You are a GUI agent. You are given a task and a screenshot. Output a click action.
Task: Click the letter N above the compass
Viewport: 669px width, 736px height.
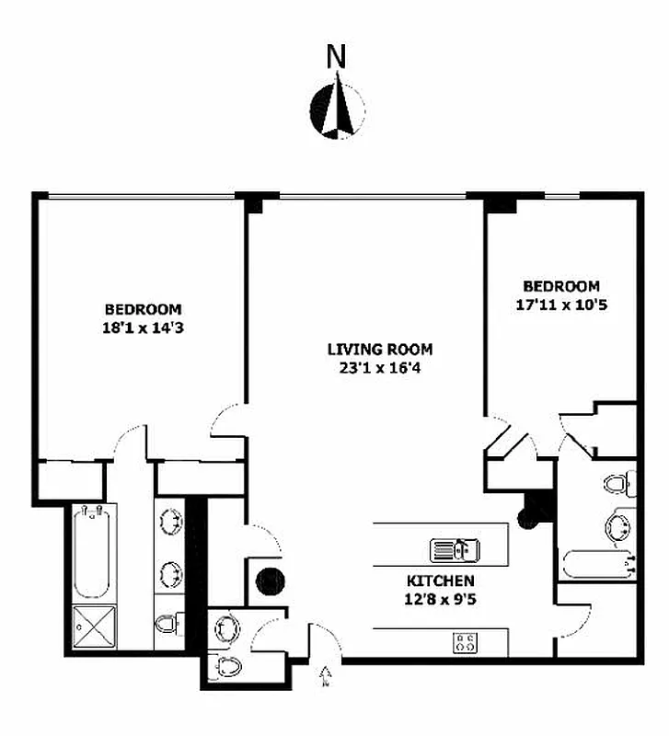(337, 58)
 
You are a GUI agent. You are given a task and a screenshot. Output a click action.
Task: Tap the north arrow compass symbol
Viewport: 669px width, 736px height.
(338, 109)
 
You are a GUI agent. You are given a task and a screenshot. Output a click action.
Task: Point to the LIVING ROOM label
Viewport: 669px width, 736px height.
(379, 350)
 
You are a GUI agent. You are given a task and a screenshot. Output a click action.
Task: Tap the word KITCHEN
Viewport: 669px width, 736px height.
(441, 581)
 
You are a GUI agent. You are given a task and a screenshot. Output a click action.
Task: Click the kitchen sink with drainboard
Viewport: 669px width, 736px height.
(455, 550)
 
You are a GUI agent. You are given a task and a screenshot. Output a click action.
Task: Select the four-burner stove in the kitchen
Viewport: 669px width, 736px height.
(465, 642)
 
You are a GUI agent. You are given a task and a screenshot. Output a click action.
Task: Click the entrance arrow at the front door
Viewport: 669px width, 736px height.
(323, 678)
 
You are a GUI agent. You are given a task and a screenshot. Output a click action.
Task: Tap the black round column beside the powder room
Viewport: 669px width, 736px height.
(270, 581)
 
